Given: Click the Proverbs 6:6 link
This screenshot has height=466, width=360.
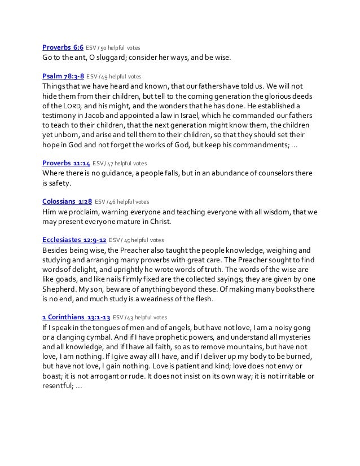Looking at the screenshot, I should pyautogui.click(x=63, y=47).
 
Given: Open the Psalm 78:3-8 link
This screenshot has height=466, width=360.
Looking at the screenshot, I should pyautogui.click(x=63, y=74).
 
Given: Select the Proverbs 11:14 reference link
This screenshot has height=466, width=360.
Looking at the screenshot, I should pyautogui.click(x=66, y=163).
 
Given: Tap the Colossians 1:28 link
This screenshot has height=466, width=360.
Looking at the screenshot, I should pyautogui.click(x=67, y=200).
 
